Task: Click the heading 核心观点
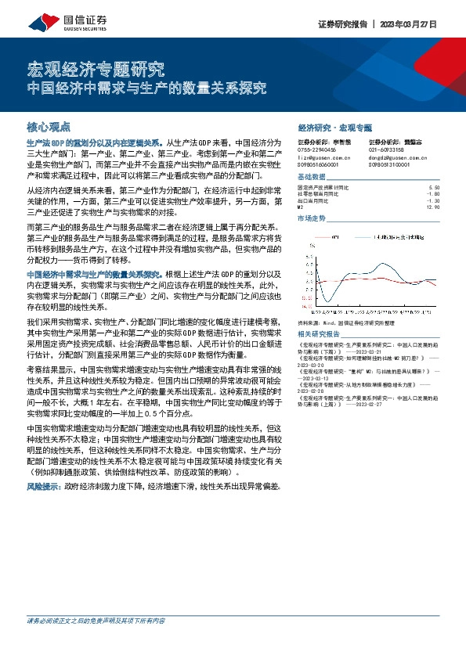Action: point(49,125)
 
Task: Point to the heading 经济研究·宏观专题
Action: point(335,127)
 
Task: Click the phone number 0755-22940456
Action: point(316,149)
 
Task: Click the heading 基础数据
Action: point(312,177)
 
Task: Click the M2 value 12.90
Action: point(432,207)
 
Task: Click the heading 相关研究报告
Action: point(317,333)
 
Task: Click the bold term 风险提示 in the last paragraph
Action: point(42,486)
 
